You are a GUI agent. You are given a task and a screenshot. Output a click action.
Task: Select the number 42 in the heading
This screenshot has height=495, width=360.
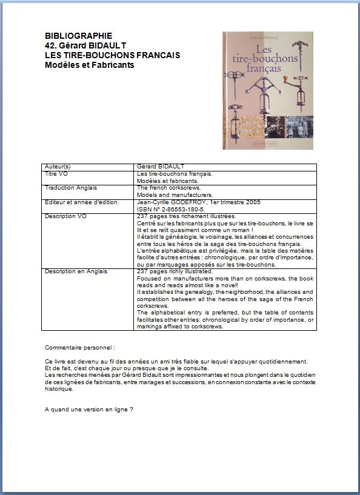50,45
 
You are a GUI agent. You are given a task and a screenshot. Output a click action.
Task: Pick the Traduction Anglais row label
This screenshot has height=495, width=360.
71,188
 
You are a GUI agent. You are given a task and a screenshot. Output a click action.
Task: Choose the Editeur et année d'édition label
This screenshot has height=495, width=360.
81,202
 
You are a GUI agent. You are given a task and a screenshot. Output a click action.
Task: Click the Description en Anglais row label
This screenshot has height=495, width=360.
76,271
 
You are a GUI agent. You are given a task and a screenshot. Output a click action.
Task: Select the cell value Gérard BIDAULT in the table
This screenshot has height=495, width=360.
161,167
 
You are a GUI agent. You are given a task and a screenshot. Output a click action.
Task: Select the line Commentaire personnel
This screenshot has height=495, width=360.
80,348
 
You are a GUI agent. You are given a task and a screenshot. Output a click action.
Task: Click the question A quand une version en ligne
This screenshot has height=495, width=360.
88,409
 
